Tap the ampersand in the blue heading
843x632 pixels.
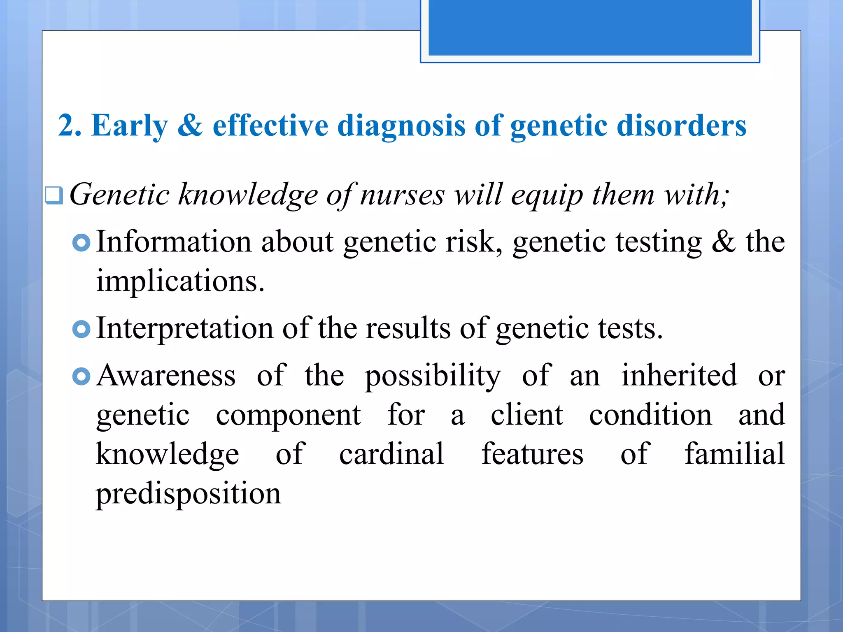[190, 125]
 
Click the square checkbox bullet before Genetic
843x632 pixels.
[54, 195]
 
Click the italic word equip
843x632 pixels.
[547, 195]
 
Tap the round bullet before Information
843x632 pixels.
[81, 243]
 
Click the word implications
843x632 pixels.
[179, 281]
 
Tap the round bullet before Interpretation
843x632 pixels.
[81, 329]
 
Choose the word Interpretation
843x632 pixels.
[185, 328]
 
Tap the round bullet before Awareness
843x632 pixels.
[81, 376]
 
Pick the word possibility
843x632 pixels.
[433, 376]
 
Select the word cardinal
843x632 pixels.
[391, 454]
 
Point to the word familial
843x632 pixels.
[734, 454]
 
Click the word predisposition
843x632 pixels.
[188, 494]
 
